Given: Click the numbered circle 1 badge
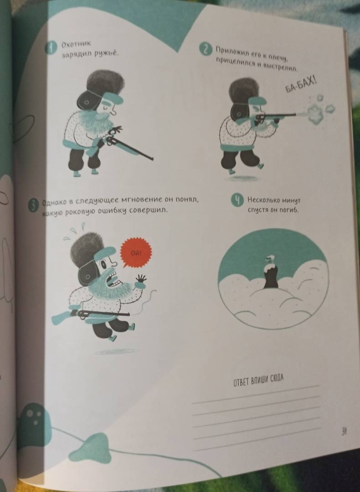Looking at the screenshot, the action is (x=51, y=47).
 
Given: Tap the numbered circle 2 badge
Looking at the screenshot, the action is (x=206, y=50).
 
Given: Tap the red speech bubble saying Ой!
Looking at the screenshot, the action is (x=136, y=252).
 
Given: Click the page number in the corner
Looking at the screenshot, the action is (x=344, y=432).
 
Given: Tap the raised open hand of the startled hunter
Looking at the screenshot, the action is (x=141, y=280).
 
